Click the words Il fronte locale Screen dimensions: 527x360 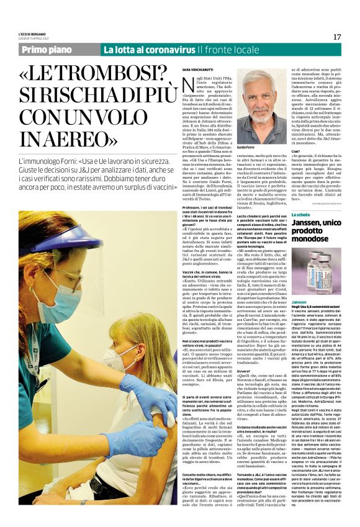click(224, 50)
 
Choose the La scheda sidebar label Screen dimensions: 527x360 click(304, 214)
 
